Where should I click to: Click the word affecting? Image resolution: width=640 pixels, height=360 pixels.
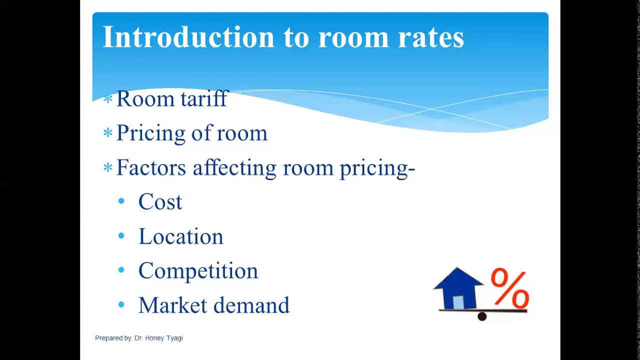(234, 168)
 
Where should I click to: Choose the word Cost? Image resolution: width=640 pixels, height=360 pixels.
(160, 202)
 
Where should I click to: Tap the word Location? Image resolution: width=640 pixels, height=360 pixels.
(180, 236)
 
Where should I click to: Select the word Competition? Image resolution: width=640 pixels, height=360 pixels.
(198, 271)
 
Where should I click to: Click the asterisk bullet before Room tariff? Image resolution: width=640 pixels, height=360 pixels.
(107, 99)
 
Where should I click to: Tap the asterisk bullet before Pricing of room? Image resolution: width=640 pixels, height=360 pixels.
(107, 133)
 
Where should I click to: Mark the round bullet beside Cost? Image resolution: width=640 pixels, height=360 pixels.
(121, 201)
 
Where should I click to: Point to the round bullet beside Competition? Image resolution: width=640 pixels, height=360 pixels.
(121, 270)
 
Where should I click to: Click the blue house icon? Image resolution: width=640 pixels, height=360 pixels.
(457, 288)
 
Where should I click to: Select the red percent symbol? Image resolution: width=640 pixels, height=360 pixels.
(509, 288)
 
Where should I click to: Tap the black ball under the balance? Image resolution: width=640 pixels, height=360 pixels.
(482, 316)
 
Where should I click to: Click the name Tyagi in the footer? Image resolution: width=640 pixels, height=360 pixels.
(174, 338)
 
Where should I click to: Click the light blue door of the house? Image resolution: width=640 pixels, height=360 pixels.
(458, 302)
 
